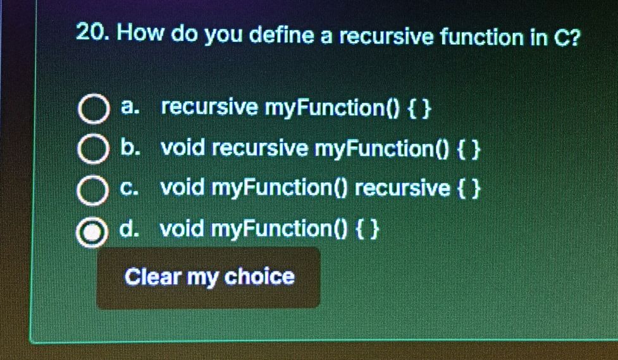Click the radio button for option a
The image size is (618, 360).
click(92, 111)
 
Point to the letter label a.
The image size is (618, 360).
click(129, 108)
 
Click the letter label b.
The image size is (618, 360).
click(130, 149)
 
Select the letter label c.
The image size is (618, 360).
click(129, 189)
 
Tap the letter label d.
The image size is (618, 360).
click(130, 228)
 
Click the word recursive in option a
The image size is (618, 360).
click(209, 108)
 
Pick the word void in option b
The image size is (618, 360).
click(182, 149)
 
